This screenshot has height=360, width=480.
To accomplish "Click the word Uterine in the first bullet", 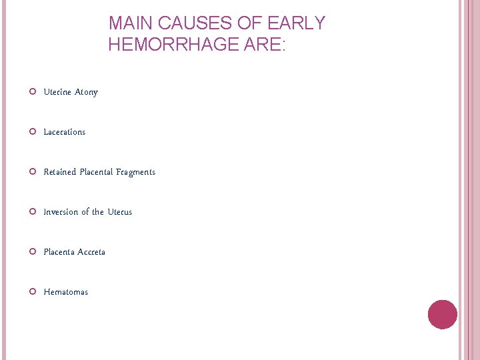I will coord(58,92).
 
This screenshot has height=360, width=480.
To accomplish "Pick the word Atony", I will coord(87,92).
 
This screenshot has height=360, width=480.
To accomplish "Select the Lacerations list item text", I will coord(65,132).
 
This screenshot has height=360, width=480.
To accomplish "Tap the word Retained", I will coord(60,172).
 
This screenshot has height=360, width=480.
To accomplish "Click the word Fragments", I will coord(135,172).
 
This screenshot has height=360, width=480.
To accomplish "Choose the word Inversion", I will coord(61,212).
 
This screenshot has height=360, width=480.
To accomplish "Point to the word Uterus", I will coord(120,212).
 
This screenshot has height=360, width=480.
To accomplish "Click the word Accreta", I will coord(91,252).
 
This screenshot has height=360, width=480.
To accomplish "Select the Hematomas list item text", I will coord(66,292).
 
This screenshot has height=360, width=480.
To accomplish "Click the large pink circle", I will coord(442,315).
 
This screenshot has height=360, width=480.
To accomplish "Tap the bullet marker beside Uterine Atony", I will coord(33,92).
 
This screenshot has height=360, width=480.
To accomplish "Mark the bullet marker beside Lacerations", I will coord(33,132).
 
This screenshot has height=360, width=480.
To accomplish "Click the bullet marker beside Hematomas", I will coord(33,292).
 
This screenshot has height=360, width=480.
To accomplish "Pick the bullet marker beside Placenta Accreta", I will coord(33,252).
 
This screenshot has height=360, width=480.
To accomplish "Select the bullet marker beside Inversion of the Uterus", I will coord(33,212).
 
